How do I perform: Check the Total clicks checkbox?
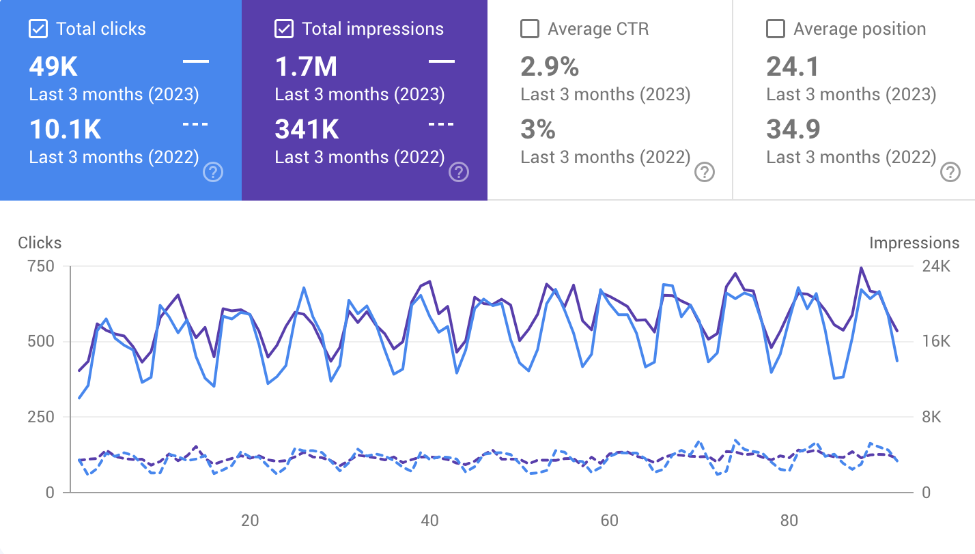coord(38,29)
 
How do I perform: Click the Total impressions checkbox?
coord(284,29)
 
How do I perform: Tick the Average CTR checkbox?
coord(530,29)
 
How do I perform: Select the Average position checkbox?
coord(776,29)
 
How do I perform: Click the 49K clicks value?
coord(53,67)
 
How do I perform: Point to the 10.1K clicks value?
coord(65,129)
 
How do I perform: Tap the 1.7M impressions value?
coord(306,67)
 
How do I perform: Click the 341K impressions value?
coord(307,129)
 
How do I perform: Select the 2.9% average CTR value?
coord(550,67)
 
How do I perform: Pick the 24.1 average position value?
coord(793,67)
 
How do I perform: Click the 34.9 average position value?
coord(793,129)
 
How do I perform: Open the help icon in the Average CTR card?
coord(704,173)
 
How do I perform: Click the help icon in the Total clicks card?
coord(213,173)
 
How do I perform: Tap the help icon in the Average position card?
coord(950,173)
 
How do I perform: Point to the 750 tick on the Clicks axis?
coord(40,266)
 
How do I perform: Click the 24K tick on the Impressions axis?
coord(937,266)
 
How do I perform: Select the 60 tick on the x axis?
coord(609,521)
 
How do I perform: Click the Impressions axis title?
coord(914,243)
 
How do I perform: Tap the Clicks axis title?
coord(40,243)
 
